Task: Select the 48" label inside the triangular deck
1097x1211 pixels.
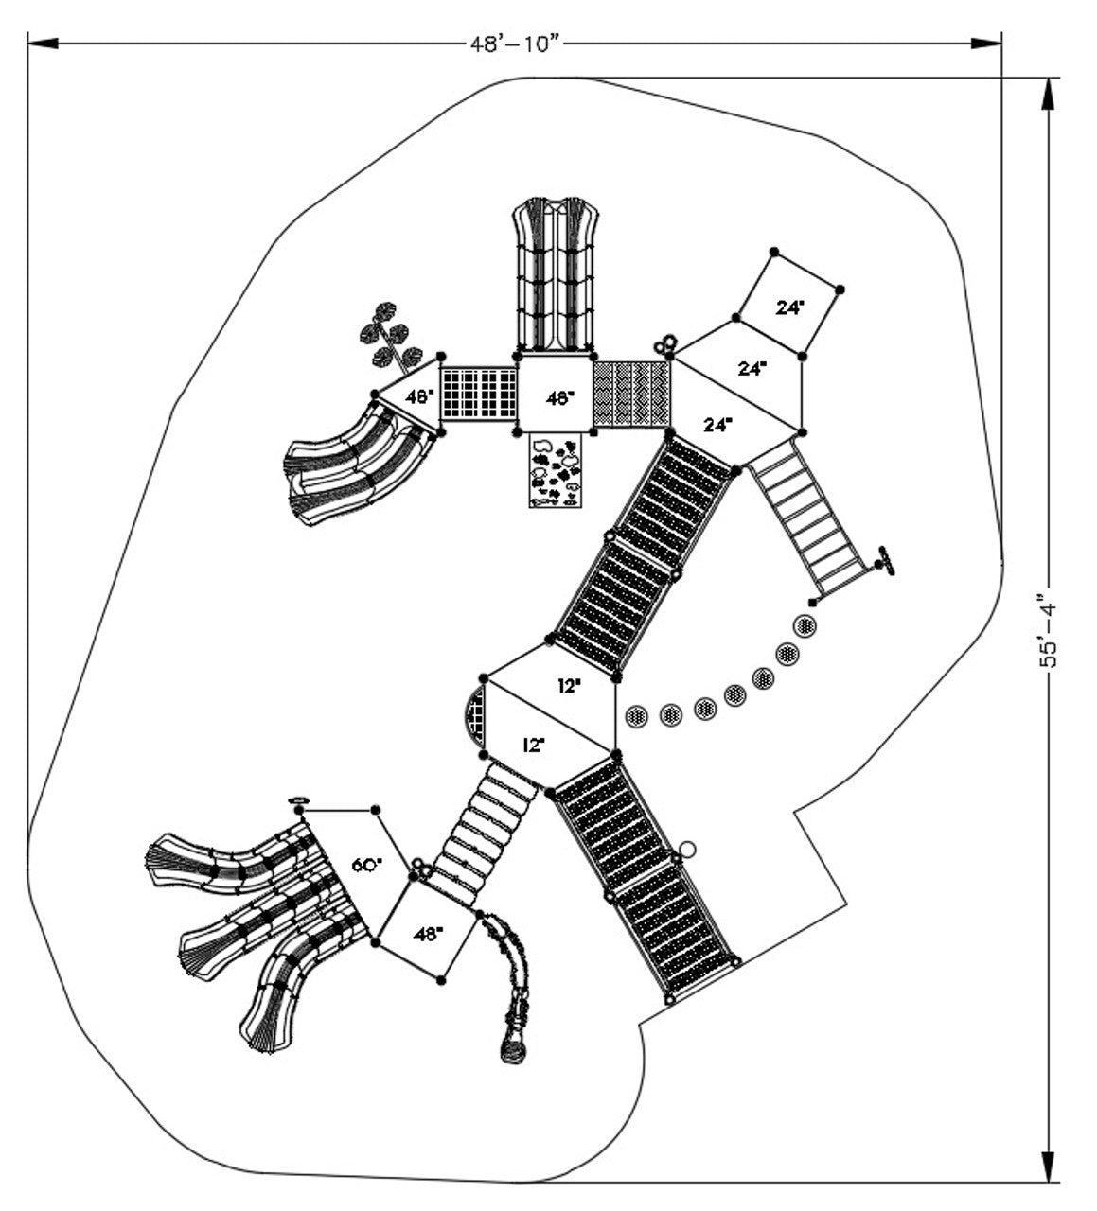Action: coord(420,396)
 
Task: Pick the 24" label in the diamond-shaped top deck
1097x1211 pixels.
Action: coord(790,307)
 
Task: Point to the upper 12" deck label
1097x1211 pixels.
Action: coord(569,686)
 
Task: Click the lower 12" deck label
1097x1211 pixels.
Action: coord(534,746)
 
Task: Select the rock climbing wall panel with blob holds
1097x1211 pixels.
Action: coord(556,470)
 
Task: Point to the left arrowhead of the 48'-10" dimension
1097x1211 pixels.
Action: coord(43,44)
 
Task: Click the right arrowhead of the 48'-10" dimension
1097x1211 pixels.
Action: coord(986,44)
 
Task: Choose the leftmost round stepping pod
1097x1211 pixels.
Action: coord(635,716)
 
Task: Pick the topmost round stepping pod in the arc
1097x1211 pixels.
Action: coord(805,624)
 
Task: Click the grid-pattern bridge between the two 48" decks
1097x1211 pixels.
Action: coord(478,394)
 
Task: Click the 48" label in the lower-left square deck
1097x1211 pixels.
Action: coord(428,934)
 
